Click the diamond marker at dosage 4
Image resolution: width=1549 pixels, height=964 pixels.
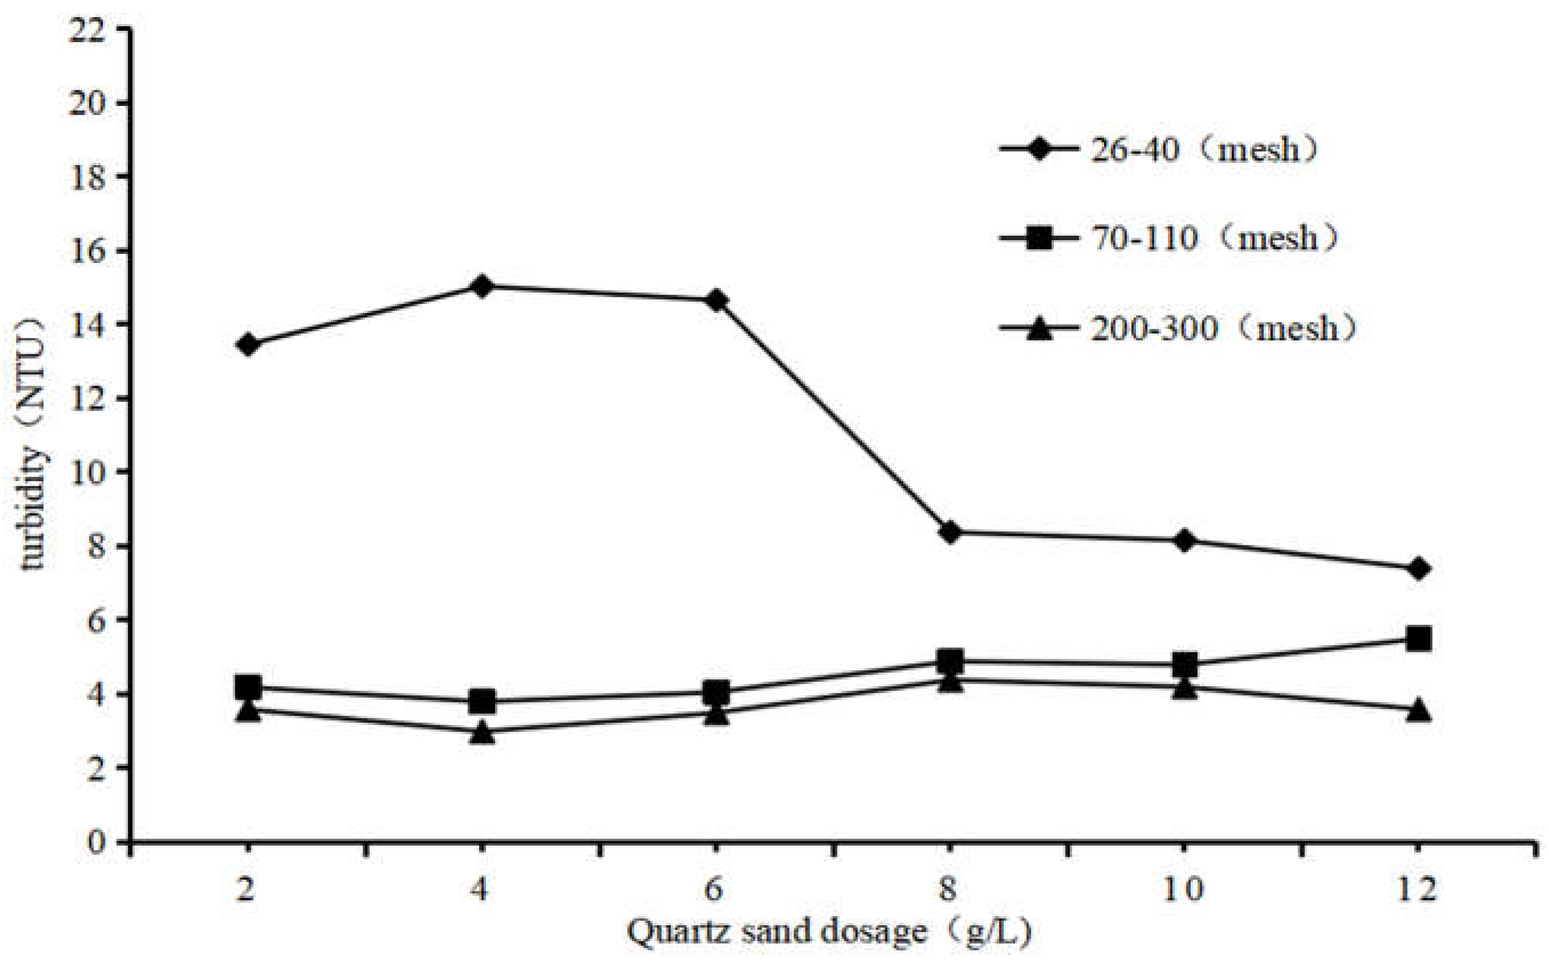pos(482,286)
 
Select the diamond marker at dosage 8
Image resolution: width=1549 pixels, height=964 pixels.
pos(950,532)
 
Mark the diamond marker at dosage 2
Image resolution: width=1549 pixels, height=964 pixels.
pos(248,345)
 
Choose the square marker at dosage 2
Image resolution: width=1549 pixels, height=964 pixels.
pos(248,687)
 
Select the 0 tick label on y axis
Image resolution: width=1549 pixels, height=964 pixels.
pos(96,842)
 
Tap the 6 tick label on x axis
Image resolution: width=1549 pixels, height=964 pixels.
pos(716,888)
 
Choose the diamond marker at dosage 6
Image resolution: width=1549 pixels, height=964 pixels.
pos(716,300)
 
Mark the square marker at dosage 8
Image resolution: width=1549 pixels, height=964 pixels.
pos(950,661)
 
